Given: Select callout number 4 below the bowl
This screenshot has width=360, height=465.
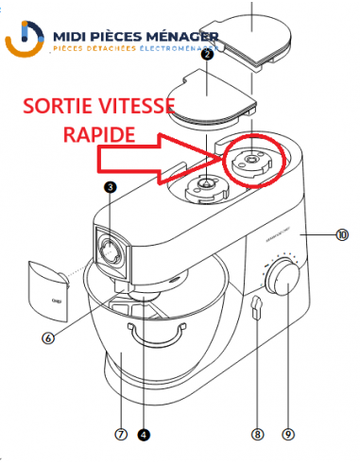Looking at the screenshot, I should [x=143, y=436].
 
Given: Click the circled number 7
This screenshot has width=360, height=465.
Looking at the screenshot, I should [x=120, y=436].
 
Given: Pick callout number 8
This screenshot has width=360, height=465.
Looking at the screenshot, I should [x=256, y=436].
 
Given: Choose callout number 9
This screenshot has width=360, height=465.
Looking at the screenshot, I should [x=288, y=436].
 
